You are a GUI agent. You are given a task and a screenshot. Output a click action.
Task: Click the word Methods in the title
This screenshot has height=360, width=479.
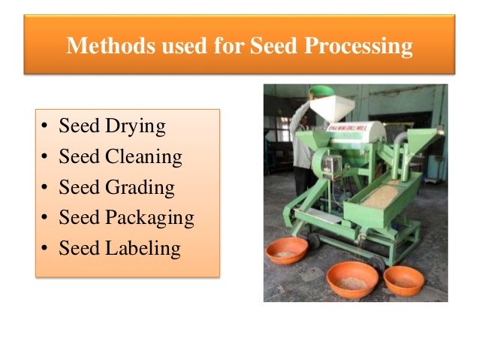point(101,47)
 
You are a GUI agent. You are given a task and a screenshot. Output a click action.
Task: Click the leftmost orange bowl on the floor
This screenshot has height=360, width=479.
point(287,250)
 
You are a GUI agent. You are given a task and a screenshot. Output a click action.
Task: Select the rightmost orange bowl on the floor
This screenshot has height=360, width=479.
point(403,279)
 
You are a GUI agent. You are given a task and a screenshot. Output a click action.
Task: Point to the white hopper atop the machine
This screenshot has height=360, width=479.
point(325,110)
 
